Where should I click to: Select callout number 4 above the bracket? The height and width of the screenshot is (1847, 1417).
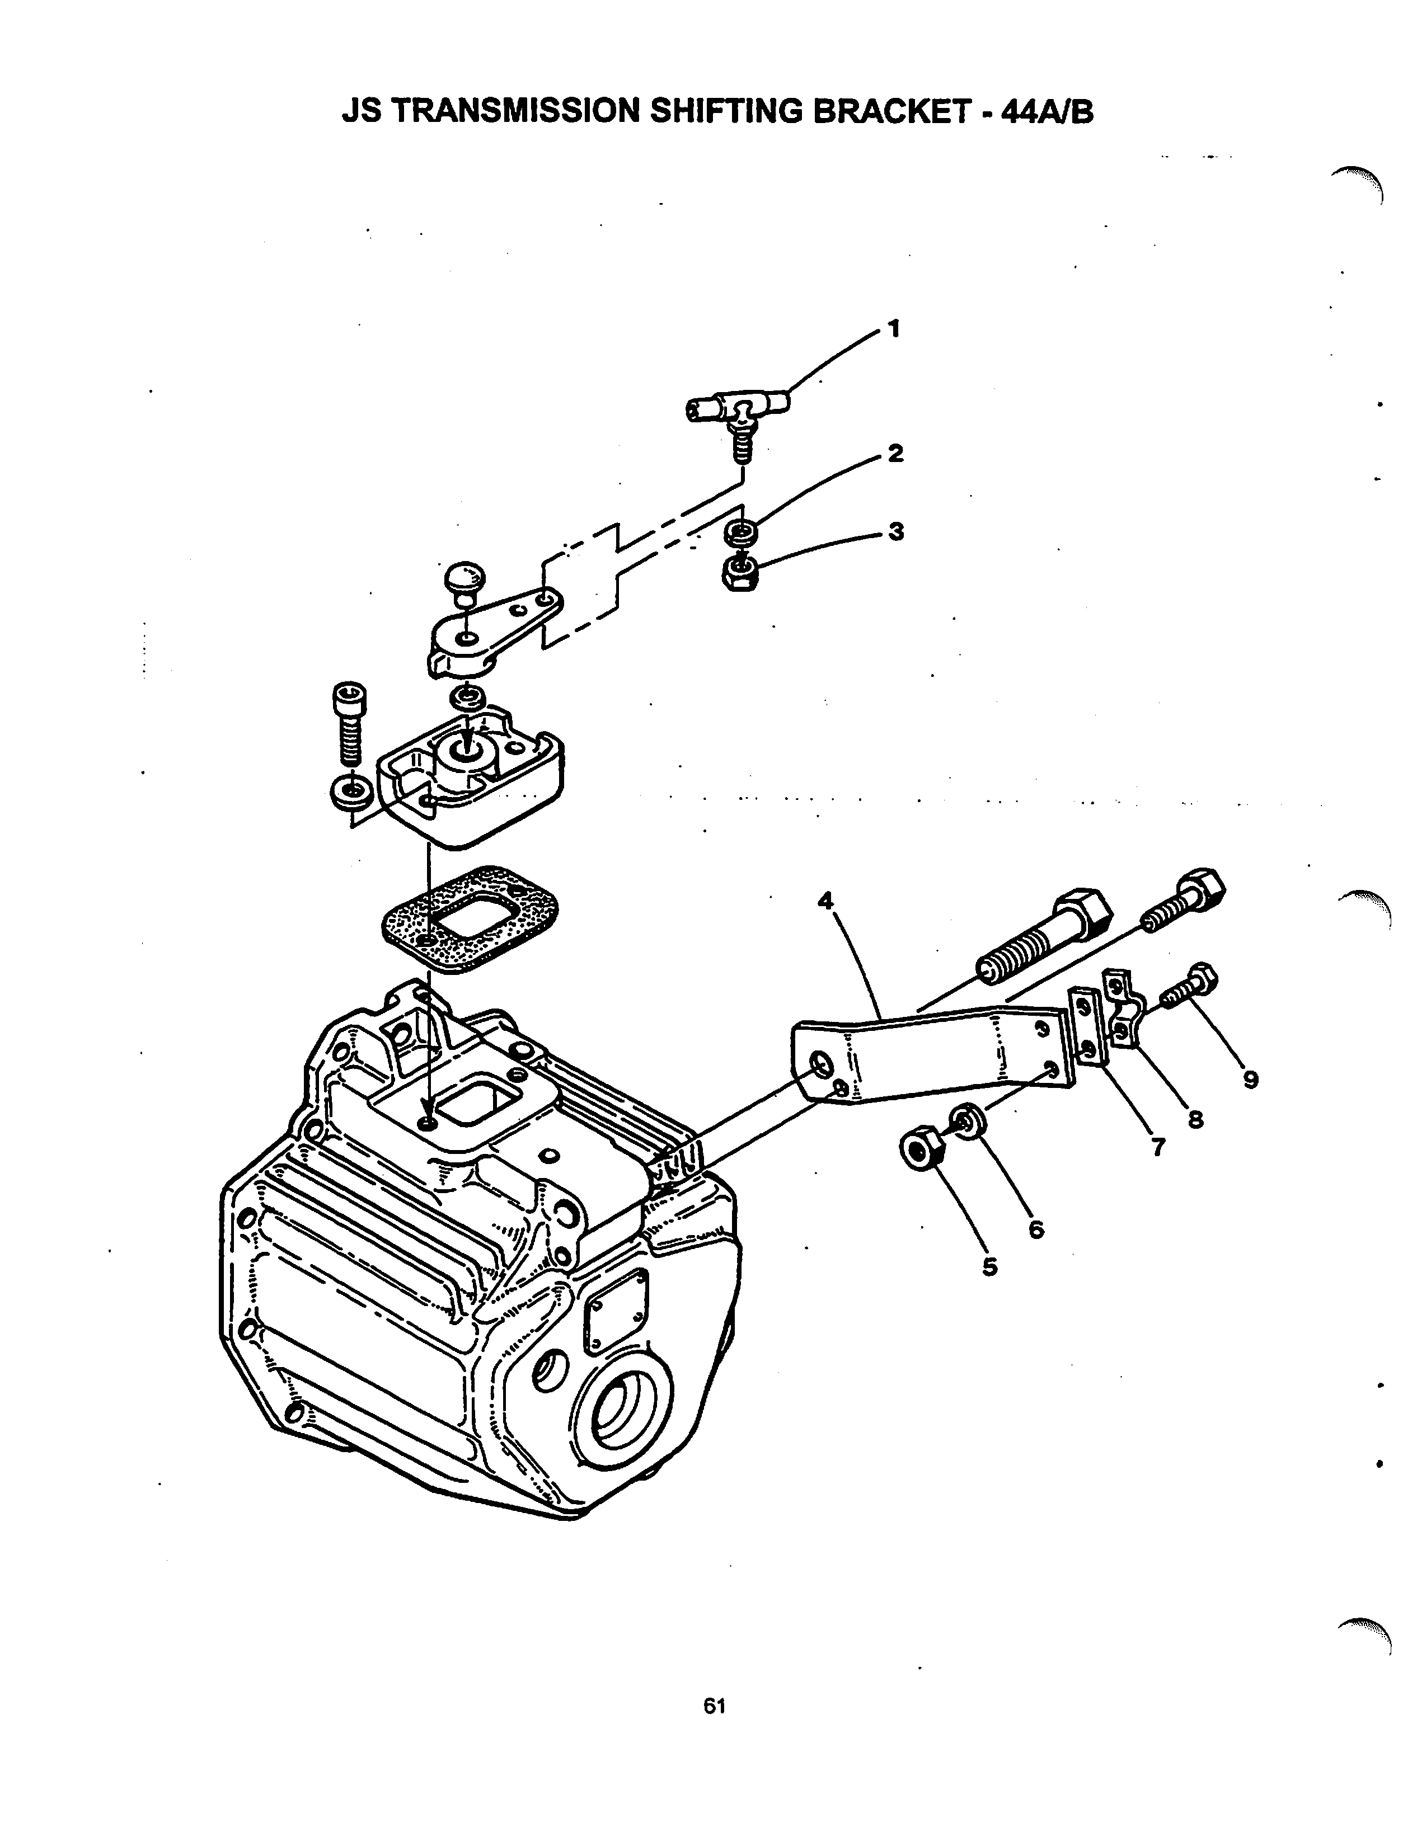tap(825, 901)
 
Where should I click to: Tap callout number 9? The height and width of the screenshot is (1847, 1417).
tap(1250, 1079)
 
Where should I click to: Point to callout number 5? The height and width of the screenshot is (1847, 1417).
tap(990, 1267)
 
